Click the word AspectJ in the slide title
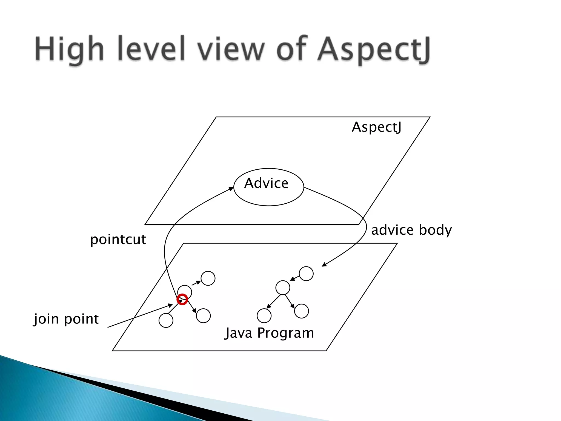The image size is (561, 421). pyautogui.click(x=374, y=49)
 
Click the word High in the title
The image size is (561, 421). pyautogui.click(x=69, y=49)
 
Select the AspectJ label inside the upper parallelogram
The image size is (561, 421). pyautogui.click(x=376, y=127)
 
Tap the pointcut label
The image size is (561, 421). pyautogui.click(x=118, y=239)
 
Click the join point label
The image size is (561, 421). pyautogui.click(x=66, y=319)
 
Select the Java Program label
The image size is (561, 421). pyautogui.click(x=269, y=333)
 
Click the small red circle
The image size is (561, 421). pyautogui.click(x=182, y=299)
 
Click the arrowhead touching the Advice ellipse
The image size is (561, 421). pyautogui.click(x=231, y=189)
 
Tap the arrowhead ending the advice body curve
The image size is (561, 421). pyautogui.click(x=324, y=264)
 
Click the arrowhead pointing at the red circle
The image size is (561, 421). pyautogui.click(x=170, y=305)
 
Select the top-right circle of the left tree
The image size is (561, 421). pyautogui.click(x=208, y=278)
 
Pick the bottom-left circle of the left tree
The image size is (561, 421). pyautogui.click(x=166, y=320)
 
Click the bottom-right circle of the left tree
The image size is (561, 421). pyautogui.click(x=203, y=316)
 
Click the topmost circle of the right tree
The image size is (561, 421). pyautogui.click(x=306, y=274)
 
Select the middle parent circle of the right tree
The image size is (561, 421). pyautogui.click(x=283, y=288)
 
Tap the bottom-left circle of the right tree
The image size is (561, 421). pyautogui.click(x=264, y=316)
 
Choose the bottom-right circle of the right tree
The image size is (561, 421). pyautogui.click(x=301, y=311)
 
